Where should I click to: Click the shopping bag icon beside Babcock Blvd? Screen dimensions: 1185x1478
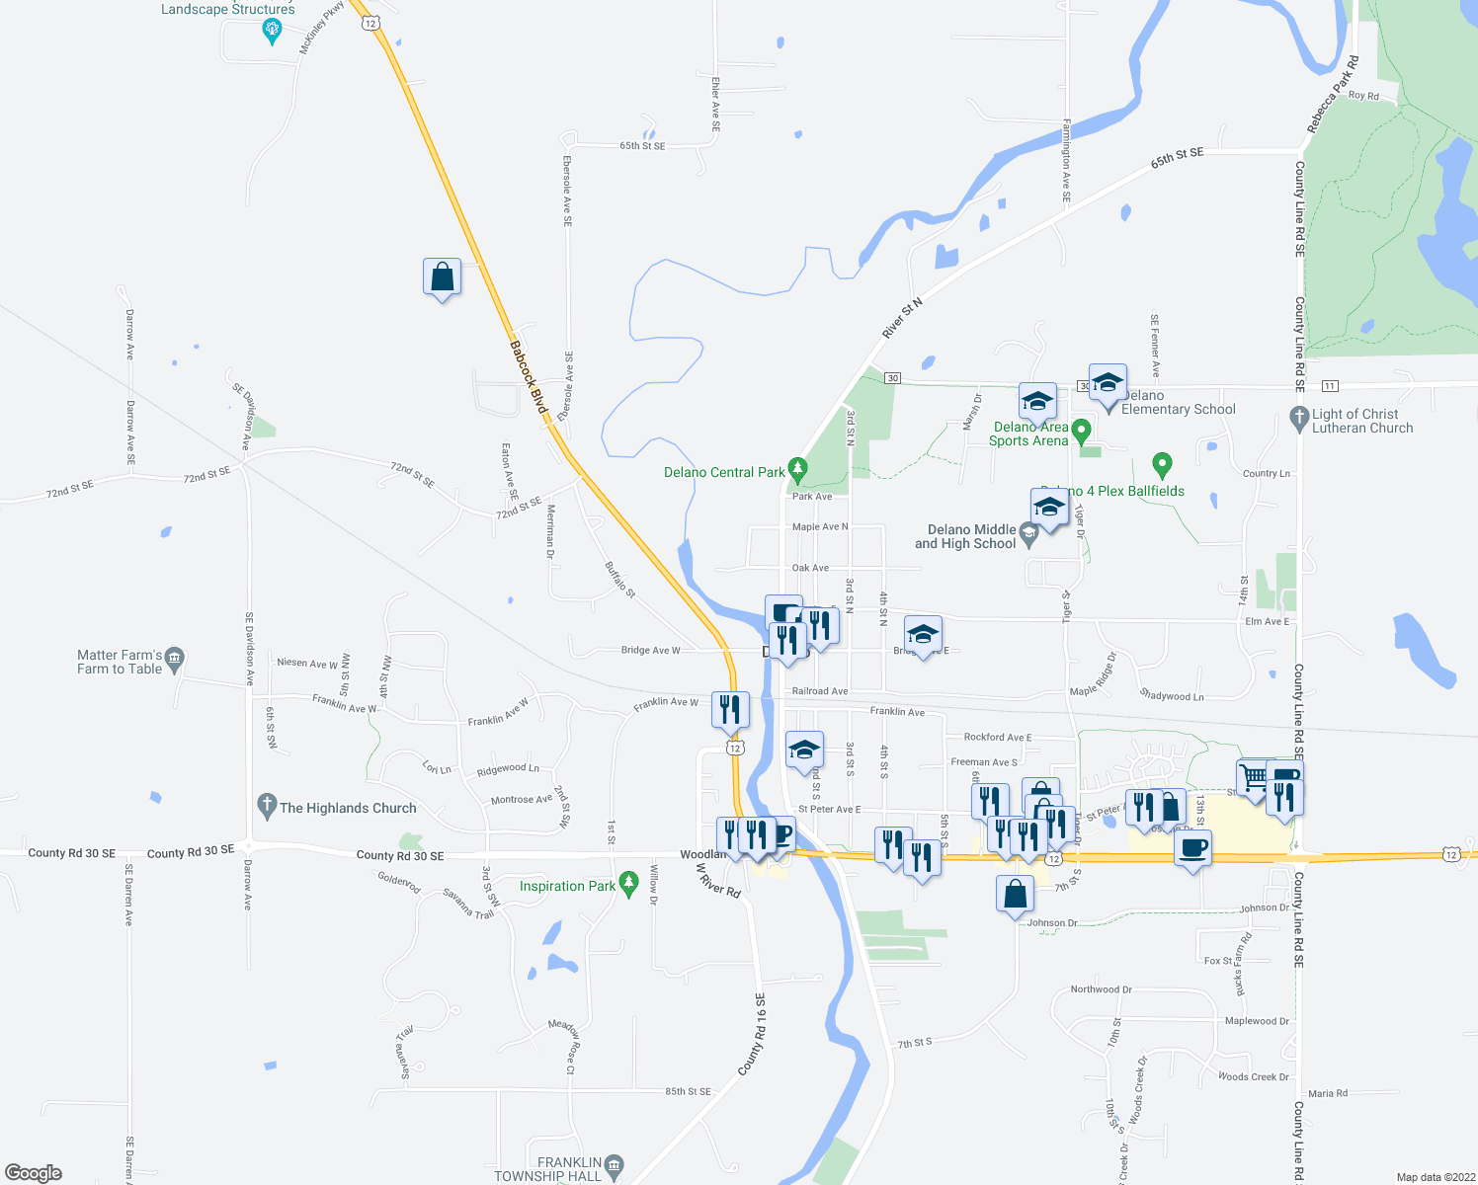point(442,277)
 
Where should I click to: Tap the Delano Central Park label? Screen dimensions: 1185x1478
point(724,473)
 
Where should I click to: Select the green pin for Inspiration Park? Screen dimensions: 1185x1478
point(628,882)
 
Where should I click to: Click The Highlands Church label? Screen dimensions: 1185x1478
point(348,808)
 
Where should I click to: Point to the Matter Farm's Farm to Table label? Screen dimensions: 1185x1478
point(120,662)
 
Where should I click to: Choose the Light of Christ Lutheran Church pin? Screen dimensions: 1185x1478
point(1299,419)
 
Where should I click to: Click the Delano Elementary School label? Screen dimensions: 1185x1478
point(1178,403)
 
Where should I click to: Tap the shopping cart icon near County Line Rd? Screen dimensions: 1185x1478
point(1255,777)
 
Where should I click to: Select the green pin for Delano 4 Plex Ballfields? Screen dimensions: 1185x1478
point(1162,463)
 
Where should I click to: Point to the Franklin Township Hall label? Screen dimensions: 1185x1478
point(547,1169)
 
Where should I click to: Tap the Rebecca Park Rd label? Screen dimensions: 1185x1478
point(1333,95)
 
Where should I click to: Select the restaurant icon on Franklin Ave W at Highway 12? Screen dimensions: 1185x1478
point(730,710)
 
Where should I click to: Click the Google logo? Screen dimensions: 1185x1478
point(34,1172)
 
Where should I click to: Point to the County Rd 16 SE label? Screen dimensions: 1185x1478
point(752,1035)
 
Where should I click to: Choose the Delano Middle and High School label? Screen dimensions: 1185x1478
point(964,537)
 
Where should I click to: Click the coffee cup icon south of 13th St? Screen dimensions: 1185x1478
point(1193,848)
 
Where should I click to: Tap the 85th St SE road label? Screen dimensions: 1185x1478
point(688,1091)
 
